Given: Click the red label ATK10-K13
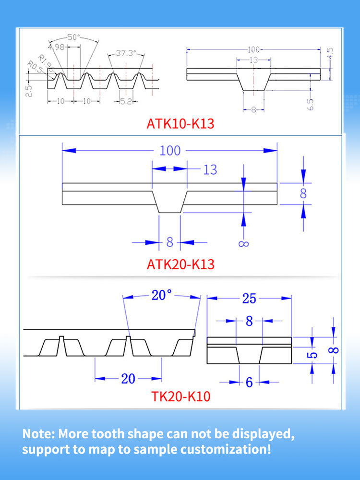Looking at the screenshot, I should pyautogui.click(x=180, y=124).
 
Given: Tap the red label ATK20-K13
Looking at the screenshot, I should pyautogui.click(x=180, y=264).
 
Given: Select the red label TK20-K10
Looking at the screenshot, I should pyautogui.click(x=181, y=397).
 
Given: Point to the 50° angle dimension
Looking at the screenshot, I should pyautogui.click(x=73, y=37).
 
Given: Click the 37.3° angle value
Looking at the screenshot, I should pyautogui.click(x=126, y=53).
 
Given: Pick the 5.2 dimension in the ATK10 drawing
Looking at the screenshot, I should pyautogui.click(x=126, y=102).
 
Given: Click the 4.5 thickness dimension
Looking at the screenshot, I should pyautogui.click(x=330, y=53).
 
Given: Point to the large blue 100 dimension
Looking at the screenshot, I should pyautogui.click(x=170, y=150).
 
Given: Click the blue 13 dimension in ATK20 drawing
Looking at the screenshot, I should pyautogui.click(x=210, y=169).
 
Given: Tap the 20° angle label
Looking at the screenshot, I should pyautogui.click(x=161, y=295).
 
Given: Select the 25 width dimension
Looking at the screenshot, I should pyautogui.click(x=249, y=299).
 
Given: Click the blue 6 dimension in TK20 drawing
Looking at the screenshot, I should pyautogui.click(x=249, y=383).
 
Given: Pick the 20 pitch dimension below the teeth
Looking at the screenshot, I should pyautogui.click(x=128, y=379).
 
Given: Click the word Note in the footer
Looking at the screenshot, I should pyautogui.click(x=38, y=435).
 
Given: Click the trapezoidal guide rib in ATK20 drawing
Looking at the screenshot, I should pyautogui.click(x=169, y=202).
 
